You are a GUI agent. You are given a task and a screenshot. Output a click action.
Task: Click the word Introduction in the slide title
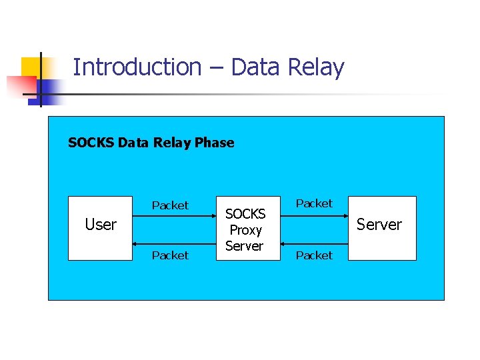click(x=137, y=67)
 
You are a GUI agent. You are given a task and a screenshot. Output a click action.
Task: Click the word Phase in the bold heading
click(x=214, y=143)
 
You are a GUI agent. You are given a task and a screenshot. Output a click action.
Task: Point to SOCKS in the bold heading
click(x=91, y=143)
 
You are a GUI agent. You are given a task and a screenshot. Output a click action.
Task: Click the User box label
click(x=101, y=225)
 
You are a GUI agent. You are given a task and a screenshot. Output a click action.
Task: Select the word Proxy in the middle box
click(x=245, y=230)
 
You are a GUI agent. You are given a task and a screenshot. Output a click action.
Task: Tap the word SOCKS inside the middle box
click(x=245, y=214)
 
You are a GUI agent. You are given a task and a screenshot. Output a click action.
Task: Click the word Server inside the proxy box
click(x=244, y=246)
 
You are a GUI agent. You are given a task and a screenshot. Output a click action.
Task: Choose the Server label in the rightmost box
click(x=379, y=225)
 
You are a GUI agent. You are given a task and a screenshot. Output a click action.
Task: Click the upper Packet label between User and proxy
click(x=170, y=205)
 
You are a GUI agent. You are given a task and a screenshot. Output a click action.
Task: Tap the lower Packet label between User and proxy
click(x=170, y=255)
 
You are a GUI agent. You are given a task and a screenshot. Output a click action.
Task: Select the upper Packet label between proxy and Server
click(x=314, y=203)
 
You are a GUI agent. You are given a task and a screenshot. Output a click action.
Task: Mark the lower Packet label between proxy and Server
click(x=314, y=255)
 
